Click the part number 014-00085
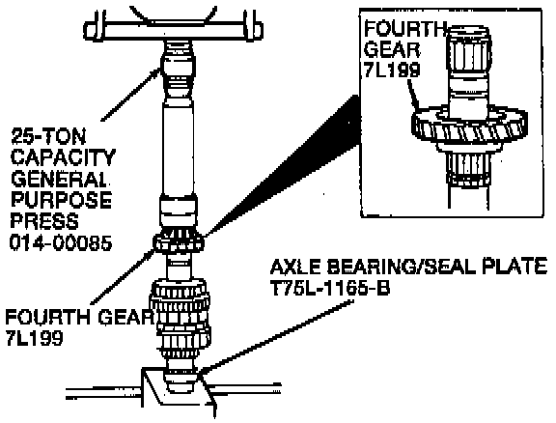pyautogui.click(x=61, y=243)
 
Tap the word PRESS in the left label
pyautogui.click(x=44, y=221)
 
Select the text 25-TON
pyautogui.click(x=48, y=136)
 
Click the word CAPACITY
pyautogui.click(x=63, y=157)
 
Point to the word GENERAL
pyautogui.click(x=59, y=179)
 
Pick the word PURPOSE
pyautogui.click(x=62, y=200)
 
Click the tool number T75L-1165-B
pyautogui.click(x=330, y=288)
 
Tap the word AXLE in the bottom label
pyautogui.click(x=295, y=267)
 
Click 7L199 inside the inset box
pyautogui.click(x=392, y=70)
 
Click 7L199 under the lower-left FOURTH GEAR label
pyautogui.click(x=35, y=337)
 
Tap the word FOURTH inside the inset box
pyautogui.click(x=404, y=29)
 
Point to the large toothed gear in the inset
pyautogui.click(x=469, y=127)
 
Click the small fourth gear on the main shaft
pyautogui.click(x=179, y=242)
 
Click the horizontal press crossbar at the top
pyautogui.click(x=173, y=30)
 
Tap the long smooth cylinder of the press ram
pyautogui.click(x=178, y=149)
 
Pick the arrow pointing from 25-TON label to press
pyautogui.click(x=131, y=94)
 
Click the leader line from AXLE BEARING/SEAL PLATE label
pyautogui.click(x=276, y=336)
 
